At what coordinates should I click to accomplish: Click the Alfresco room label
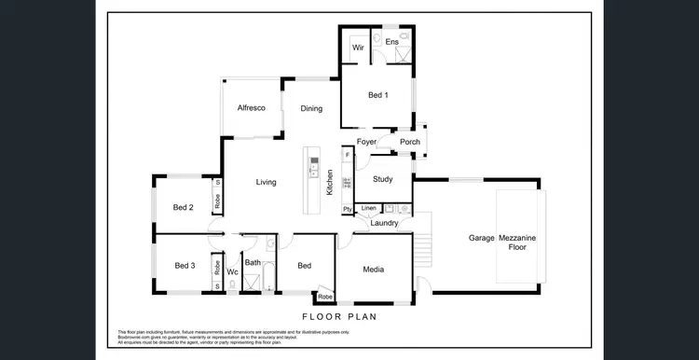tap(251, 108)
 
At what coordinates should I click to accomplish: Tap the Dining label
tap(311, 109)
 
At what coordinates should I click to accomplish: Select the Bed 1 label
tap(377, 95)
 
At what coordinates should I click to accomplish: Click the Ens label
tap(392, 43)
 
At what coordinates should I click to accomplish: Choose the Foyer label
tap(366, 142)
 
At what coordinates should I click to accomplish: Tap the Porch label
tap(409, 142)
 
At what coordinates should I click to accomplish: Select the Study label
tap(382, 179)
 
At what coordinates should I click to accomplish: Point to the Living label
tap(267, 182)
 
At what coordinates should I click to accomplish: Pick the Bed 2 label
tap(184, 207)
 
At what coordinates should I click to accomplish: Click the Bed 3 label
tap(185, 267)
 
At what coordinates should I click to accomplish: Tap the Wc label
tap(232, 272)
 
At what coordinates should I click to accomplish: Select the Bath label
tap(254, 263)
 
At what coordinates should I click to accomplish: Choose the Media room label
tap(374, 270)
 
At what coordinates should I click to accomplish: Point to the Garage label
tap(481, 239)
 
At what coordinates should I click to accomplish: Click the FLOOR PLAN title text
tap(339, 317)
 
